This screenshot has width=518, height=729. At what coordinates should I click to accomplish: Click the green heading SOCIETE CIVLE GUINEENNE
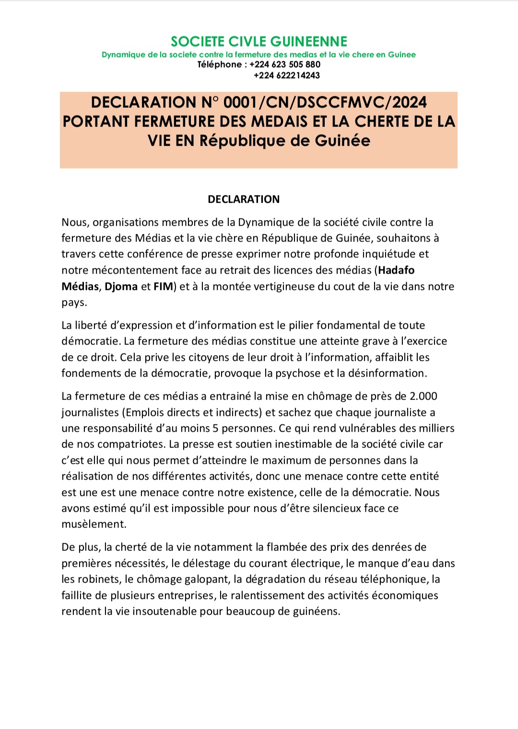(259, 42)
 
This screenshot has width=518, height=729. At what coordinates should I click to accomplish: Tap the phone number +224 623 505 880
(285, 65)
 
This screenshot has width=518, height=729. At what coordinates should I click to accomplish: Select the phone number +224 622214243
(286, 76)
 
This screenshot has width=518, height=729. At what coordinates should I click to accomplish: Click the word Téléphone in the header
(219, 65)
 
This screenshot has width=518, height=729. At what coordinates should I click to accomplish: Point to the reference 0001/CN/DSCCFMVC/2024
(325, 103)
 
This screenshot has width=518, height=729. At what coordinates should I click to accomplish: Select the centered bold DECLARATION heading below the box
(244, 199)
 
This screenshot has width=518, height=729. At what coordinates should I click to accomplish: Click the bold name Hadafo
(396, 270)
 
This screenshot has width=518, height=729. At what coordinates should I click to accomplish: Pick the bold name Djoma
(121, 286)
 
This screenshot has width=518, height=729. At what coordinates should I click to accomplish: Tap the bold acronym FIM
(163, 286)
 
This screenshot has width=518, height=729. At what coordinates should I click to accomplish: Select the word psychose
(298, 373)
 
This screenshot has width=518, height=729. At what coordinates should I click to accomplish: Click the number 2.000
(423, 396)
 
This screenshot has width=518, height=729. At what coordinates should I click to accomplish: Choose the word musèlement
(94, 524)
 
